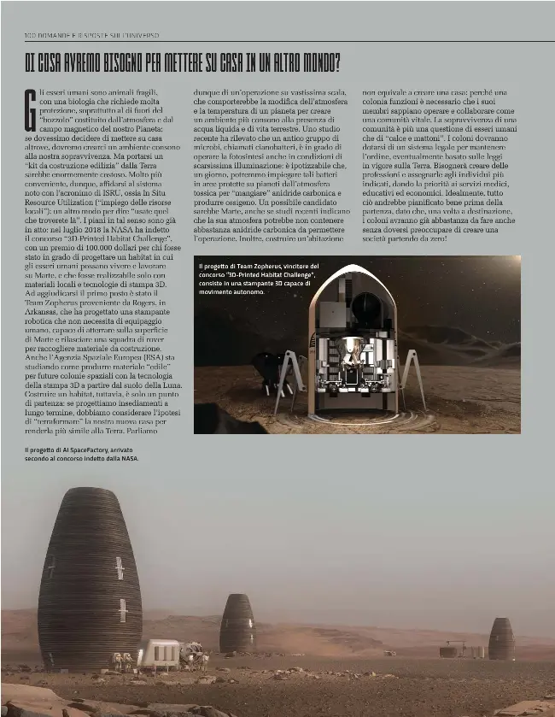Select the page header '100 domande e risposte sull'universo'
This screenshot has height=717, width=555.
point(92,34)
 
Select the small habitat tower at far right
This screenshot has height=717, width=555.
point(501,639)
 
